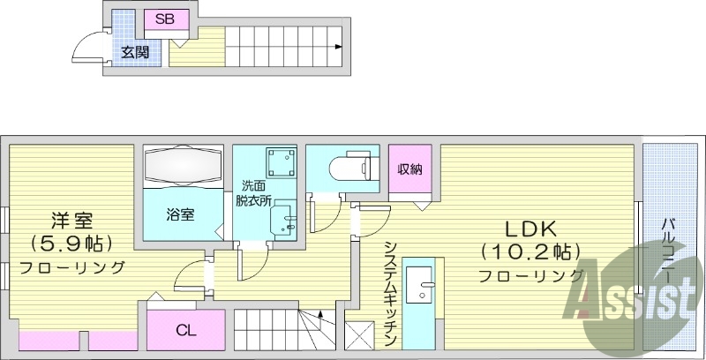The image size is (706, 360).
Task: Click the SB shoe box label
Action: [x=165, y=19]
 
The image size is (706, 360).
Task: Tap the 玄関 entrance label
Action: [x=134, y=52]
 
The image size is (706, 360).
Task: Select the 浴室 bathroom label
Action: [x=181, y=214]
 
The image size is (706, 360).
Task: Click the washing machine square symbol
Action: [x=282, y=161]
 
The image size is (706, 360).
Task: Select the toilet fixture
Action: [x=349, y=166]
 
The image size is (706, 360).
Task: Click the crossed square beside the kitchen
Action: [x=361, y=337]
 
